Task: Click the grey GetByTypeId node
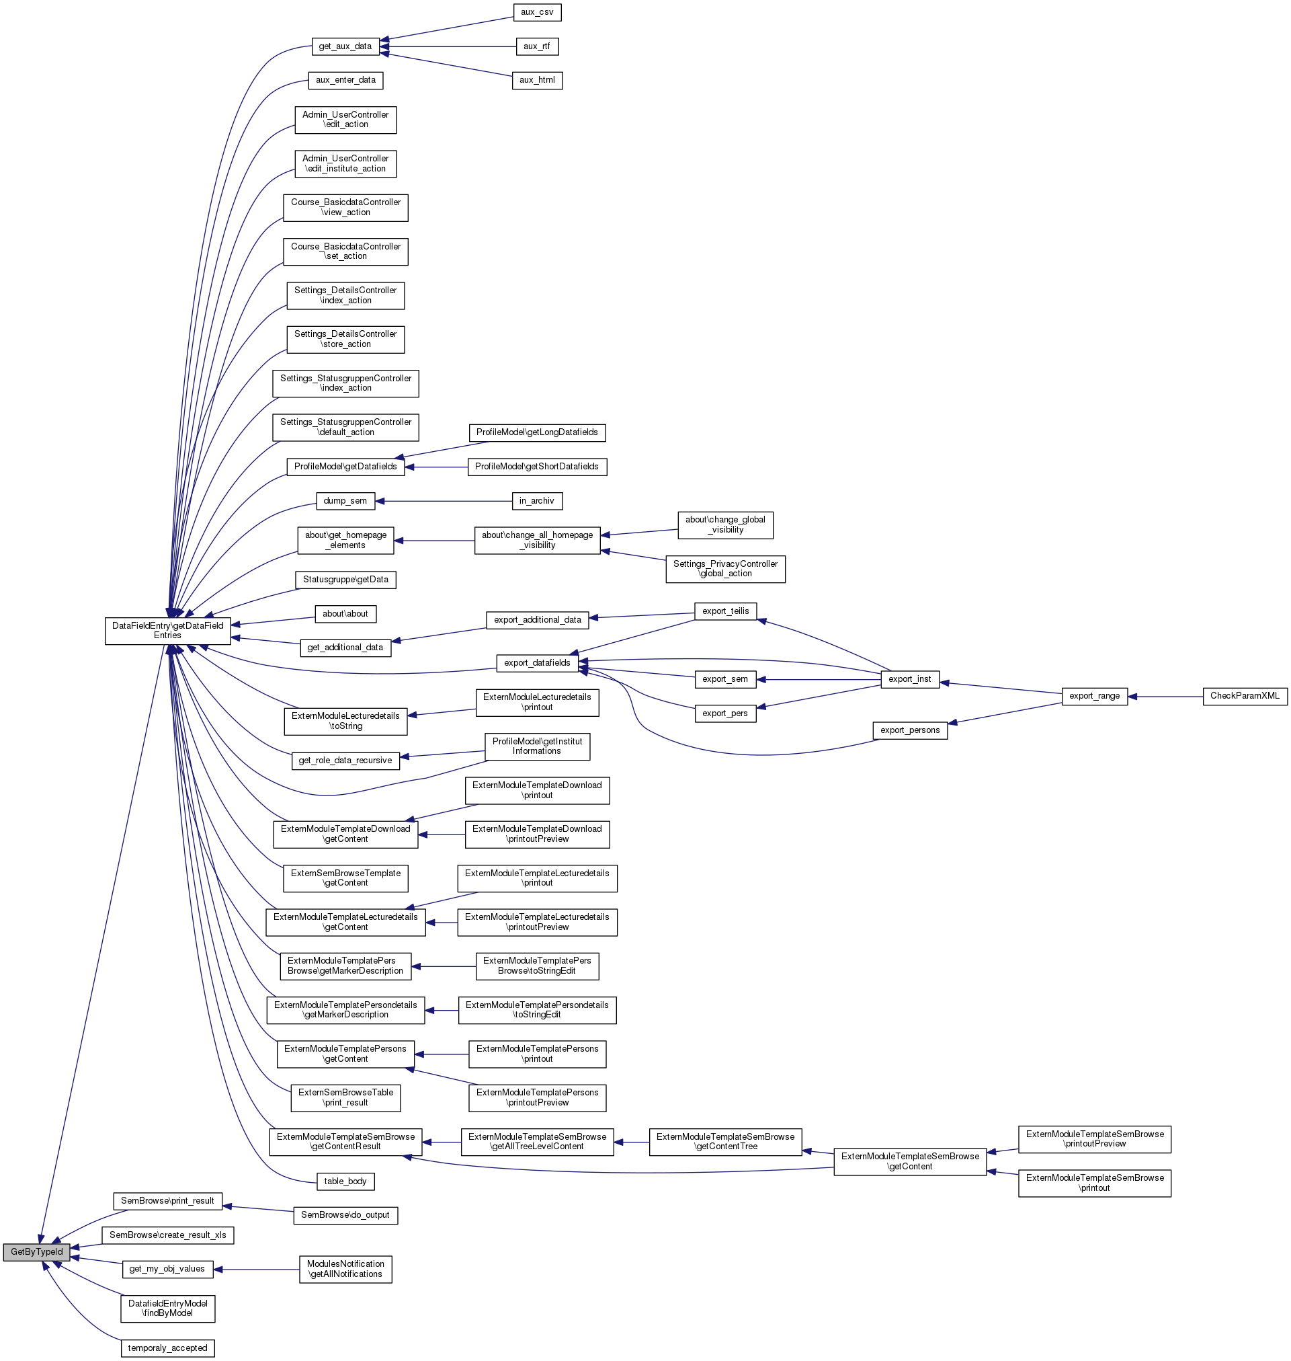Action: coord(36,1251)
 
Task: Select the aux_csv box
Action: coord(537,12)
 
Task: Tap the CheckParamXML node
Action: coord(1244,696)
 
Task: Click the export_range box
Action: coord(1094,696)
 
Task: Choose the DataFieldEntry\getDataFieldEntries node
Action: coord(167,631)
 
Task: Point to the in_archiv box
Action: coord(537,501)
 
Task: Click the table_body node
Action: coord(345,1181)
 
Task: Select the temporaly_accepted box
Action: coord(167,1348)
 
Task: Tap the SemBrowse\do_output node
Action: coord(345,1215)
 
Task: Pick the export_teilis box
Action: coord(725,611)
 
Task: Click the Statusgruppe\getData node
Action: coord(345,580)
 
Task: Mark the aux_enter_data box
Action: coord(345,81)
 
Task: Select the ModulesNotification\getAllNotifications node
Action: coord(345,1269)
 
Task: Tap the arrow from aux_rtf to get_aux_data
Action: coord(448,47)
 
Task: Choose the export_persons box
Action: coord(910,730)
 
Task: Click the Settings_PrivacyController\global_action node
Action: coord(725,569)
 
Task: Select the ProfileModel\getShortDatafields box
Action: coord(537,467)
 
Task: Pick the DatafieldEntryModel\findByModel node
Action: coord(167,1308)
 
